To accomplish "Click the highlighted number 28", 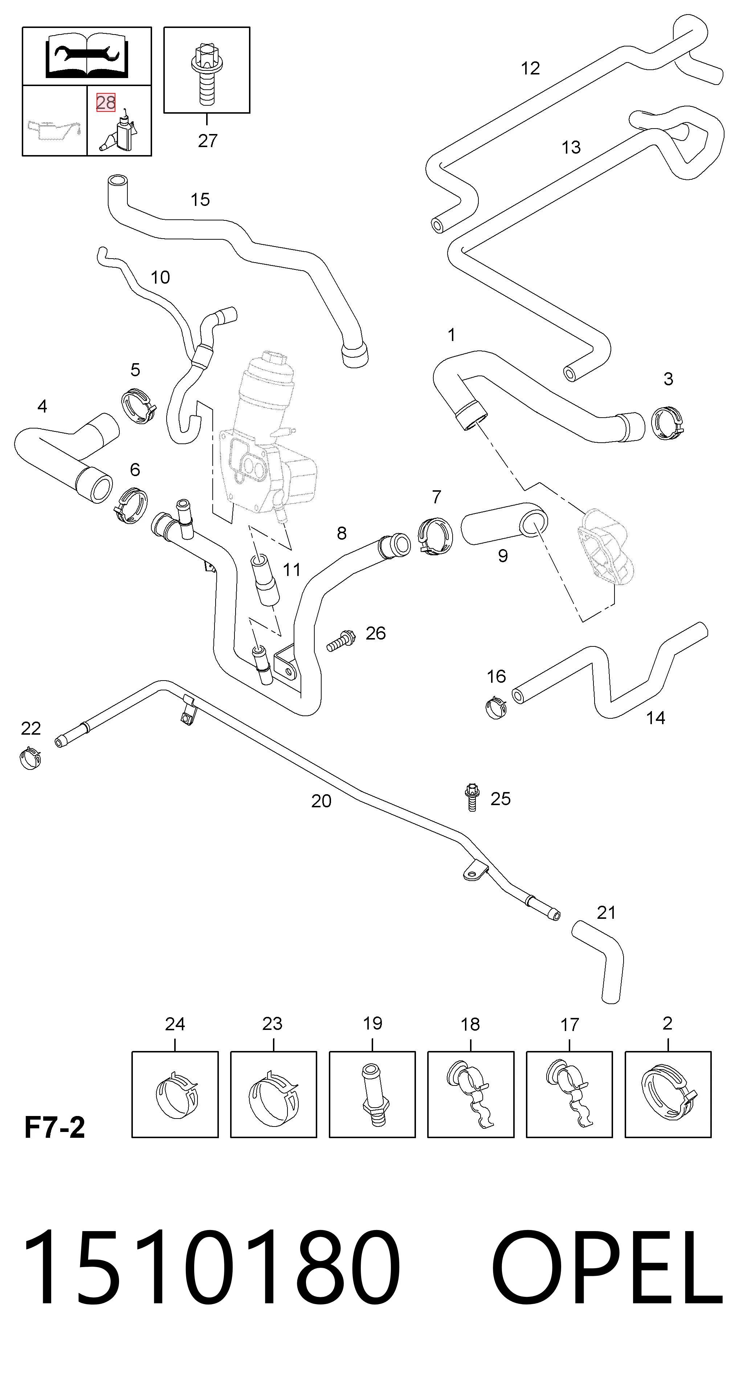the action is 105,102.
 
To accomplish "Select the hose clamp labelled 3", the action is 667,423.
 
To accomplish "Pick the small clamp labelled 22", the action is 30,758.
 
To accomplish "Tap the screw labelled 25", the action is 472,797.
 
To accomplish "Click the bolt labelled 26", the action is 340,640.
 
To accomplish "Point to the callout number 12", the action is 530,68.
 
